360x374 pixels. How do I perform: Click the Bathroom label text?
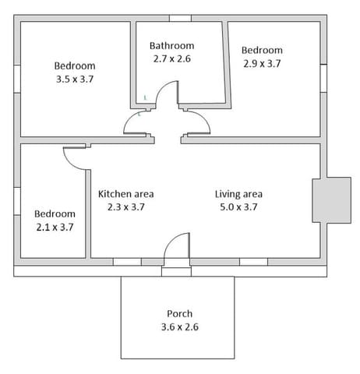point(171,46)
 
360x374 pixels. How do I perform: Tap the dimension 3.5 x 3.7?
point(75,79)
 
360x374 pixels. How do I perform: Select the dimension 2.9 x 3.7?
point(262,63)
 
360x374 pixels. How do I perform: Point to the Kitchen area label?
point(126,194)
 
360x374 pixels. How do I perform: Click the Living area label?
point(238,194)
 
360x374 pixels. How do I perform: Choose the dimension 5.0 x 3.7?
point(238,207)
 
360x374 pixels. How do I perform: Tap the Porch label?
point(179,313)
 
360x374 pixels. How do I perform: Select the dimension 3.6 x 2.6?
point(180,326)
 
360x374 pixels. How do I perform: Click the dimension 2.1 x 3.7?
point(55,228)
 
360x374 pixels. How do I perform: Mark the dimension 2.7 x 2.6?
point(172,58)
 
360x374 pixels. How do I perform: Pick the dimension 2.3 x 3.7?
point(126,207)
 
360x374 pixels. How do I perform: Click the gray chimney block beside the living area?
point(332,200)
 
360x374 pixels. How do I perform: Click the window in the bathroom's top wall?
point(180,18)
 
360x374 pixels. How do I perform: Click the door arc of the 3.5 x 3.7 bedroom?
point(129,118)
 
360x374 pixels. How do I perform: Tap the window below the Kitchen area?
point(127,262)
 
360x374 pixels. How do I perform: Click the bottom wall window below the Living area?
point(253,262)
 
